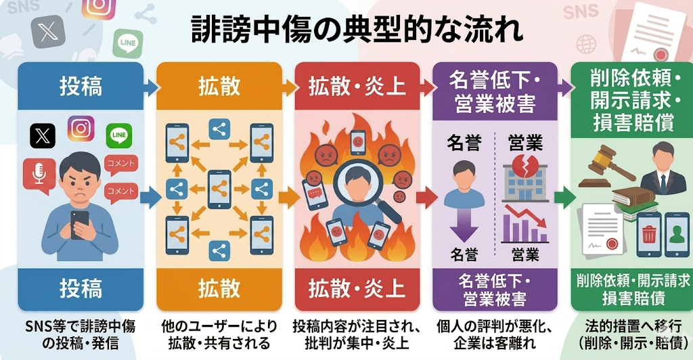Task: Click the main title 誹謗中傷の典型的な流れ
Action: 346,31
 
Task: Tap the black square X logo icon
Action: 43,135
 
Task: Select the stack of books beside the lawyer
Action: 633,199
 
